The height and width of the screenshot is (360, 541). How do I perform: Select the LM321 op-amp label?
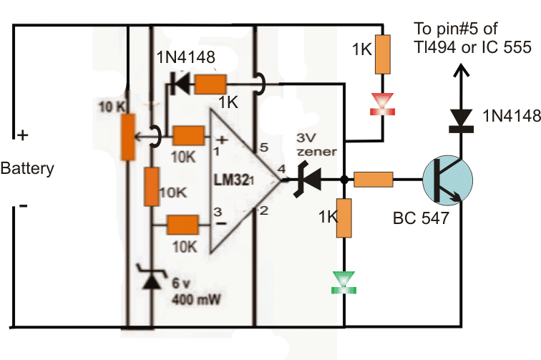(x=240, y=175)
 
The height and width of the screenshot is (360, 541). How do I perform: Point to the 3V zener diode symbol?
(x=308, y=180)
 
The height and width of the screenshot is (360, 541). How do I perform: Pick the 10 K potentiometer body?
(x=128, y=136)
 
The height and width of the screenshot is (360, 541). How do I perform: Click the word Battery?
(x=27, y=169)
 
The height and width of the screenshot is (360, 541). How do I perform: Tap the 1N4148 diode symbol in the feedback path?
(x=175, y=84)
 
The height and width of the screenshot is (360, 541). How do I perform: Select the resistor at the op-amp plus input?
(x=190, y=135)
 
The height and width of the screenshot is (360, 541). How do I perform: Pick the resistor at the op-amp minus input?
(x=184, y=225)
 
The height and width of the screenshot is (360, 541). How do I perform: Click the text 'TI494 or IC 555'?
(x=473, y=48)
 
